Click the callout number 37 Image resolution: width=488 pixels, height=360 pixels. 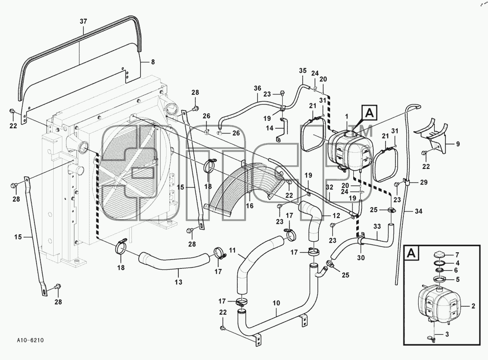point(83,21)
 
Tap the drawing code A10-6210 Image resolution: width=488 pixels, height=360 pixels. point(30,340)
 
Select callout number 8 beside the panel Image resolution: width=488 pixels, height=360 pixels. point(153,62)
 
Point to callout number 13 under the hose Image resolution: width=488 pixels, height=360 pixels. point(178,282)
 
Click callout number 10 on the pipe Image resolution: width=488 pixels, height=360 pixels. point(276,303)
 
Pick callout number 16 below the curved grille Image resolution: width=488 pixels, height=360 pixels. point(249,206)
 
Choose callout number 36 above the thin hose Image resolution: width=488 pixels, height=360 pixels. point(257,89)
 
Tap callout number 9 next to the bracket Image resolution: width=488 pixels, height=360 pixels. point(458,144)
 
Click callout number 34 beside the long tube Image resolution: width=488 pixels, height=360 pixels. point(419,211)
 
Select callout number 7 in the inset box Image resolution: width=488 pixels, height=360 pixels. point(457,255)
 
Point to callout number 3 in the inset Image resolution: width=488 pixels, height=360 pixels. point(447,334)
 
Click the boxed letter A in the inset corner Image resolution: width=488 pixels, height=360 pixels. point(411,254)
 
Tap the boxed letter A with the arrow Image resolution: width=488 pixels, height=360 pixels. point(369,113)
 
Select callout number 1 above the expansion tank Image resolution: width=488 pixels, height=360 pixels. point(347,117)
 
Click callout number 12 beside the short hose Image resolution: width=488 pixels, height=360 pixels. point(336,216)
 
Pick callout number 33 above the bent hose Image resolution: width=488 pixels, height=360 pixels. point(377,227)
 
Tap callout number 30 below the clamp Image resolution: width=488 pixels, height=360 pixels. point(361,258)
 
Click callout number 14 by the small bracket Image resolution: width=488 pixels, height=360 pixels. point(270,128)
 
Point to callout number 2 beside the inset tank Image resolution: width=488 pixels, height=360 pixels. point(473,306)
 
